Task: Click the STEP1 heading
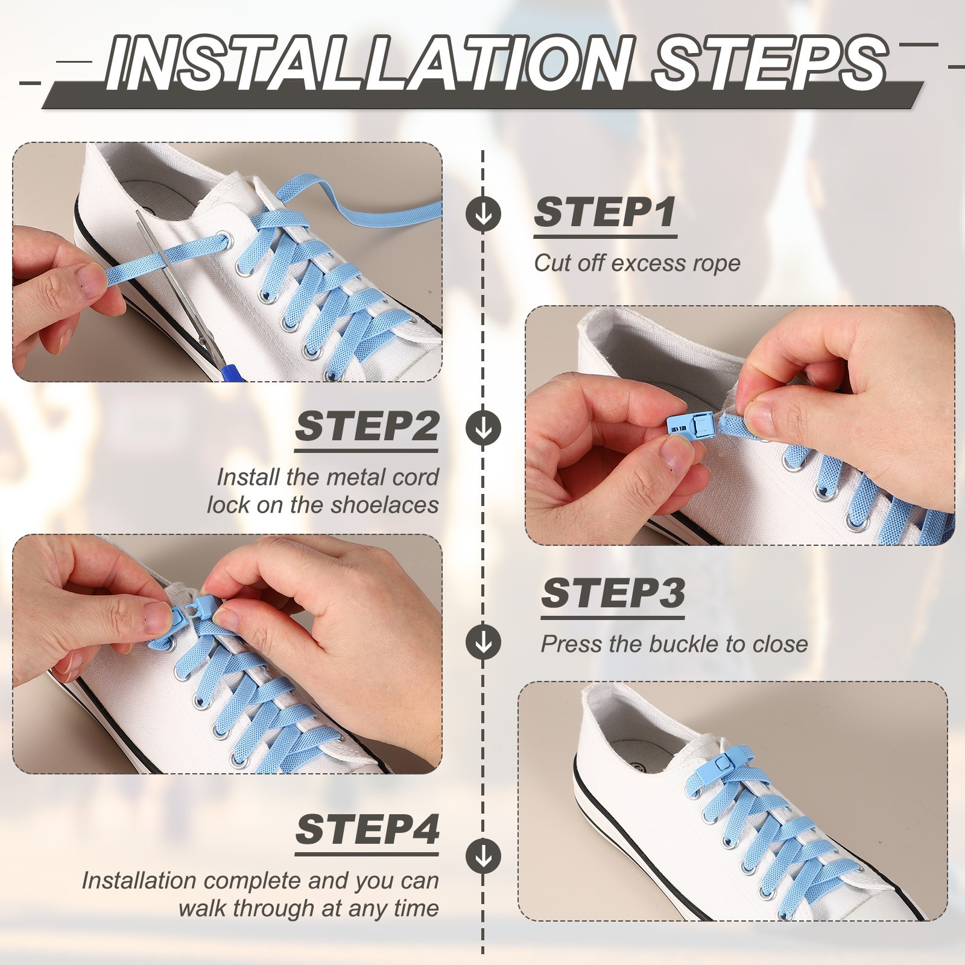coord(605,212)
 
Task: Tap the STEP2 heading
coord(367,426)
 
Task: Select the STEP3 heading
coord(613,593)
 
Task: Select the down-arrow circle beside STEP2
coord(483,428)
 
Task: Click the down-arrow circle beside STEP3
coord(483,641)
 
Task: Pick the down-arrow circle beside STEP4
coord(483,855)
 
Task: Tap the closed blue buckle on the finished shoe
coord(718,765)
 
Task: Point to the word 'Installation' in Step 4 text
coord(139,881)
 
